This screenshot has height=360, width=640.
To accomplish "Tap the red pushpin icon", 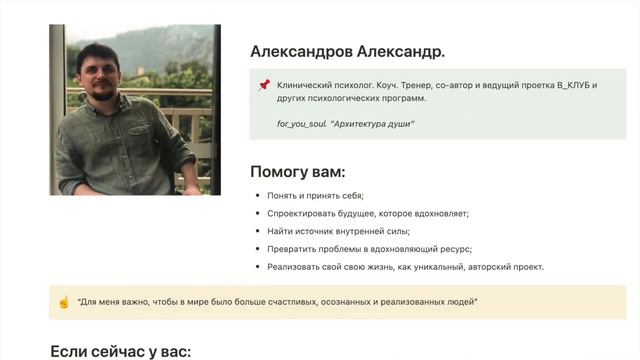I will point(264,86).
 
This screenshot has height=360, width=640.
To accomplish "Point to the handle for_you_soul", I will point(301,123).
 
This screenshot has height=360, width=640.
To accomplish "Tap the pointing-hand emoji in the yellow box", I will point(63,302).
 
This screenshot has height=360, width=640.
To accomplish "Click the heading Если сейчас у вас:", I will point(120,351).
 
